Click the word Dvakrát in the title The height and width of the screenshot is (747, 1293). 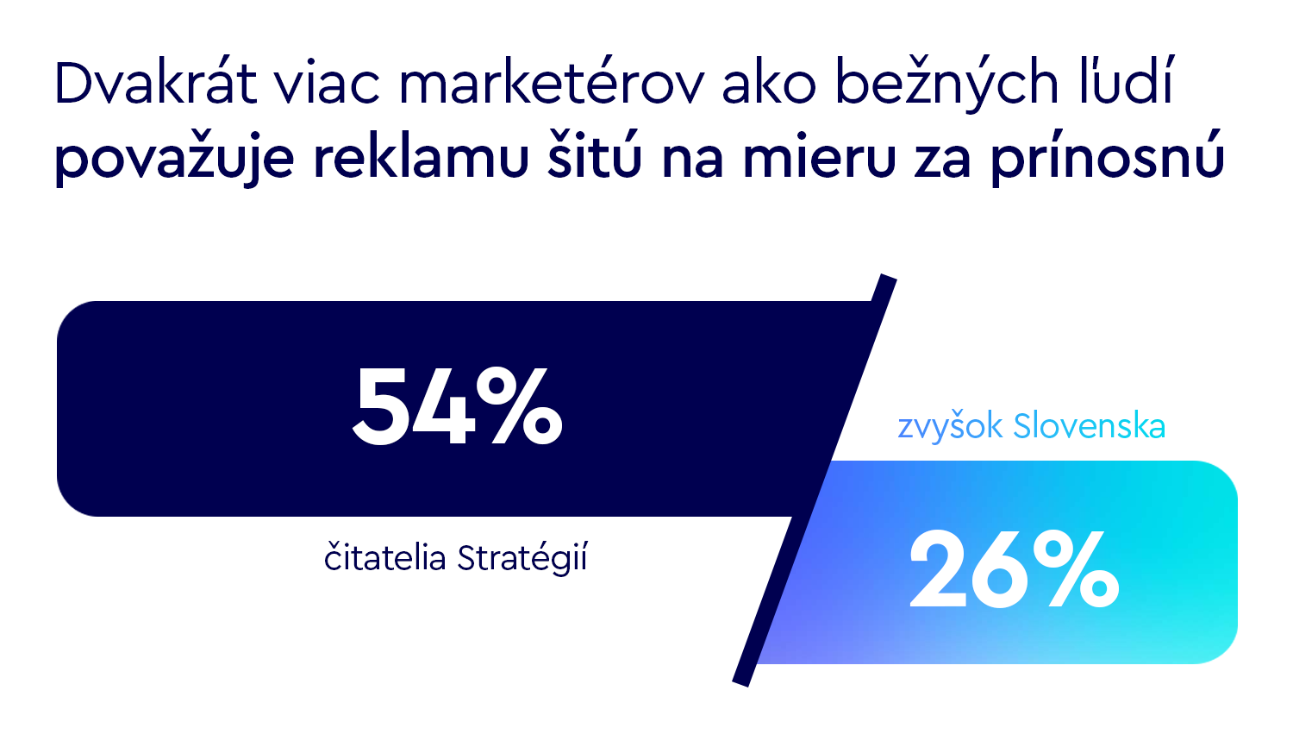tap(155, 85)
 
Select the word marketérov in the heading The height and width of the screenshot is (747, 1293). tap(552, 85)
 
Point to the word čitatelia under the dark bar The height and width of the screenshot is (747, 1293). tap(384, 558)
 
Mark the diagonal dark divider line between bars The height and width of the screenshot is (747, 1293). tap(815, 480)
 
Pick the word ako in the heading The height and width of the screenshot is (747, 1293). tap(769, 85)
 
